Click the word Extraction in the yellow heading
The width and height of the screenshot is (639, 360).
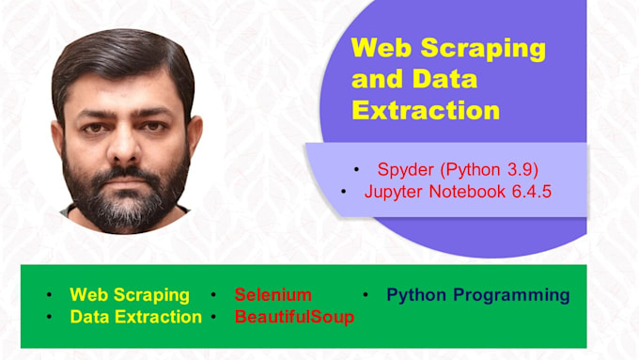coord(426,111)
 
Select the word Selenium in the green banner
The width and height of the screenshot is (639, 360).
coord(273,295)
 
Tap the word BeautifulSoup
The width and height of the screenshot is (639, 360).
coord(294,317)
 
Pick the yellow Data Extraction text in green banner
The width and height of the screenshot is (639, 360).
coord(135,317)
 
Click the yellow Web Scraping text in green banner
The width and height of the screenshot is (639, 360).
coord(130,295)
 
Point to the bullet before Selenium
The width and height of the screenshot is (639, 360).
coord(214,295)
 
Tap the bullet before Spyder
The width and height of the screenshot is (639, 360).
coord(356,170)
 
